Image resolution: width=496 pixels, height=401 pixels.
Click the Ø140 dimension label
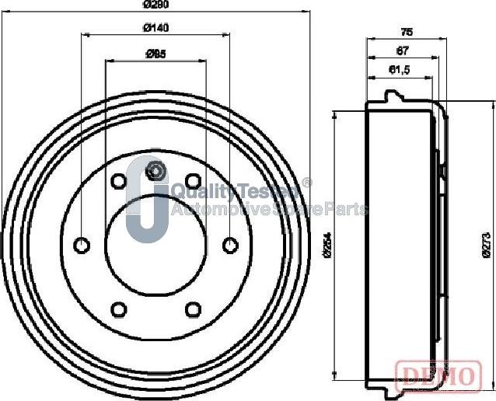(156, 28)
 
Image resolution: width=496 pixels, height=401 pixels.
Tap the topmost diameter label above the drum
(156, 4)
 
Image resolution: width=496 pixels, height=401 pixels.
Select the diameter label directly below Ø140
(156, 54)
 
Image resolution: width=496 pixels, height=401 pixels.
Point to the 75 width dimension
(406, 32)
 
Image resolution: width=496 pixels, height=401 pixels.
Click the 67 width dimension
(403, 51)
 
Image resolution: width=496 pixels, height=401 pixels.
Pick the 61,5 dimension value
(399, 71)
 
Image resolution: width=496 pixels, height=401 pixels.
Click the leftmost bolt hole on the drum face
(82, 246)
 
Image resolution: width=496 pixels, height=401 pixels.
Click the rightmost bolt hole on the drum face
(230, 246)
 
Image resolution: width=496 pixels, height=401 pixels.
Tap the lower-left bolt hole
(119, 310)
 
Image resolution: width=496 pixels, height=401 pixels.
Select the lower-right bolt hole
(193, 310)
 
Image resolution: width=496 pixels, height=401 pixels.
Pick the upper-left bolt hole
(119, 182)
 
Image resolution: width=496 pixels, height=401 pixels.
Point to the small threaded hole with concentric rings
(156, 171)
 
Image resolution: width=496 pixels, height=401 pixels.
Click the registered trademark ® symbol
(307, 183)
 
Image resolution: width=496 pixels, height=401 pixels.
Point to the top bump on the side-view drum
(393, 96)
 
